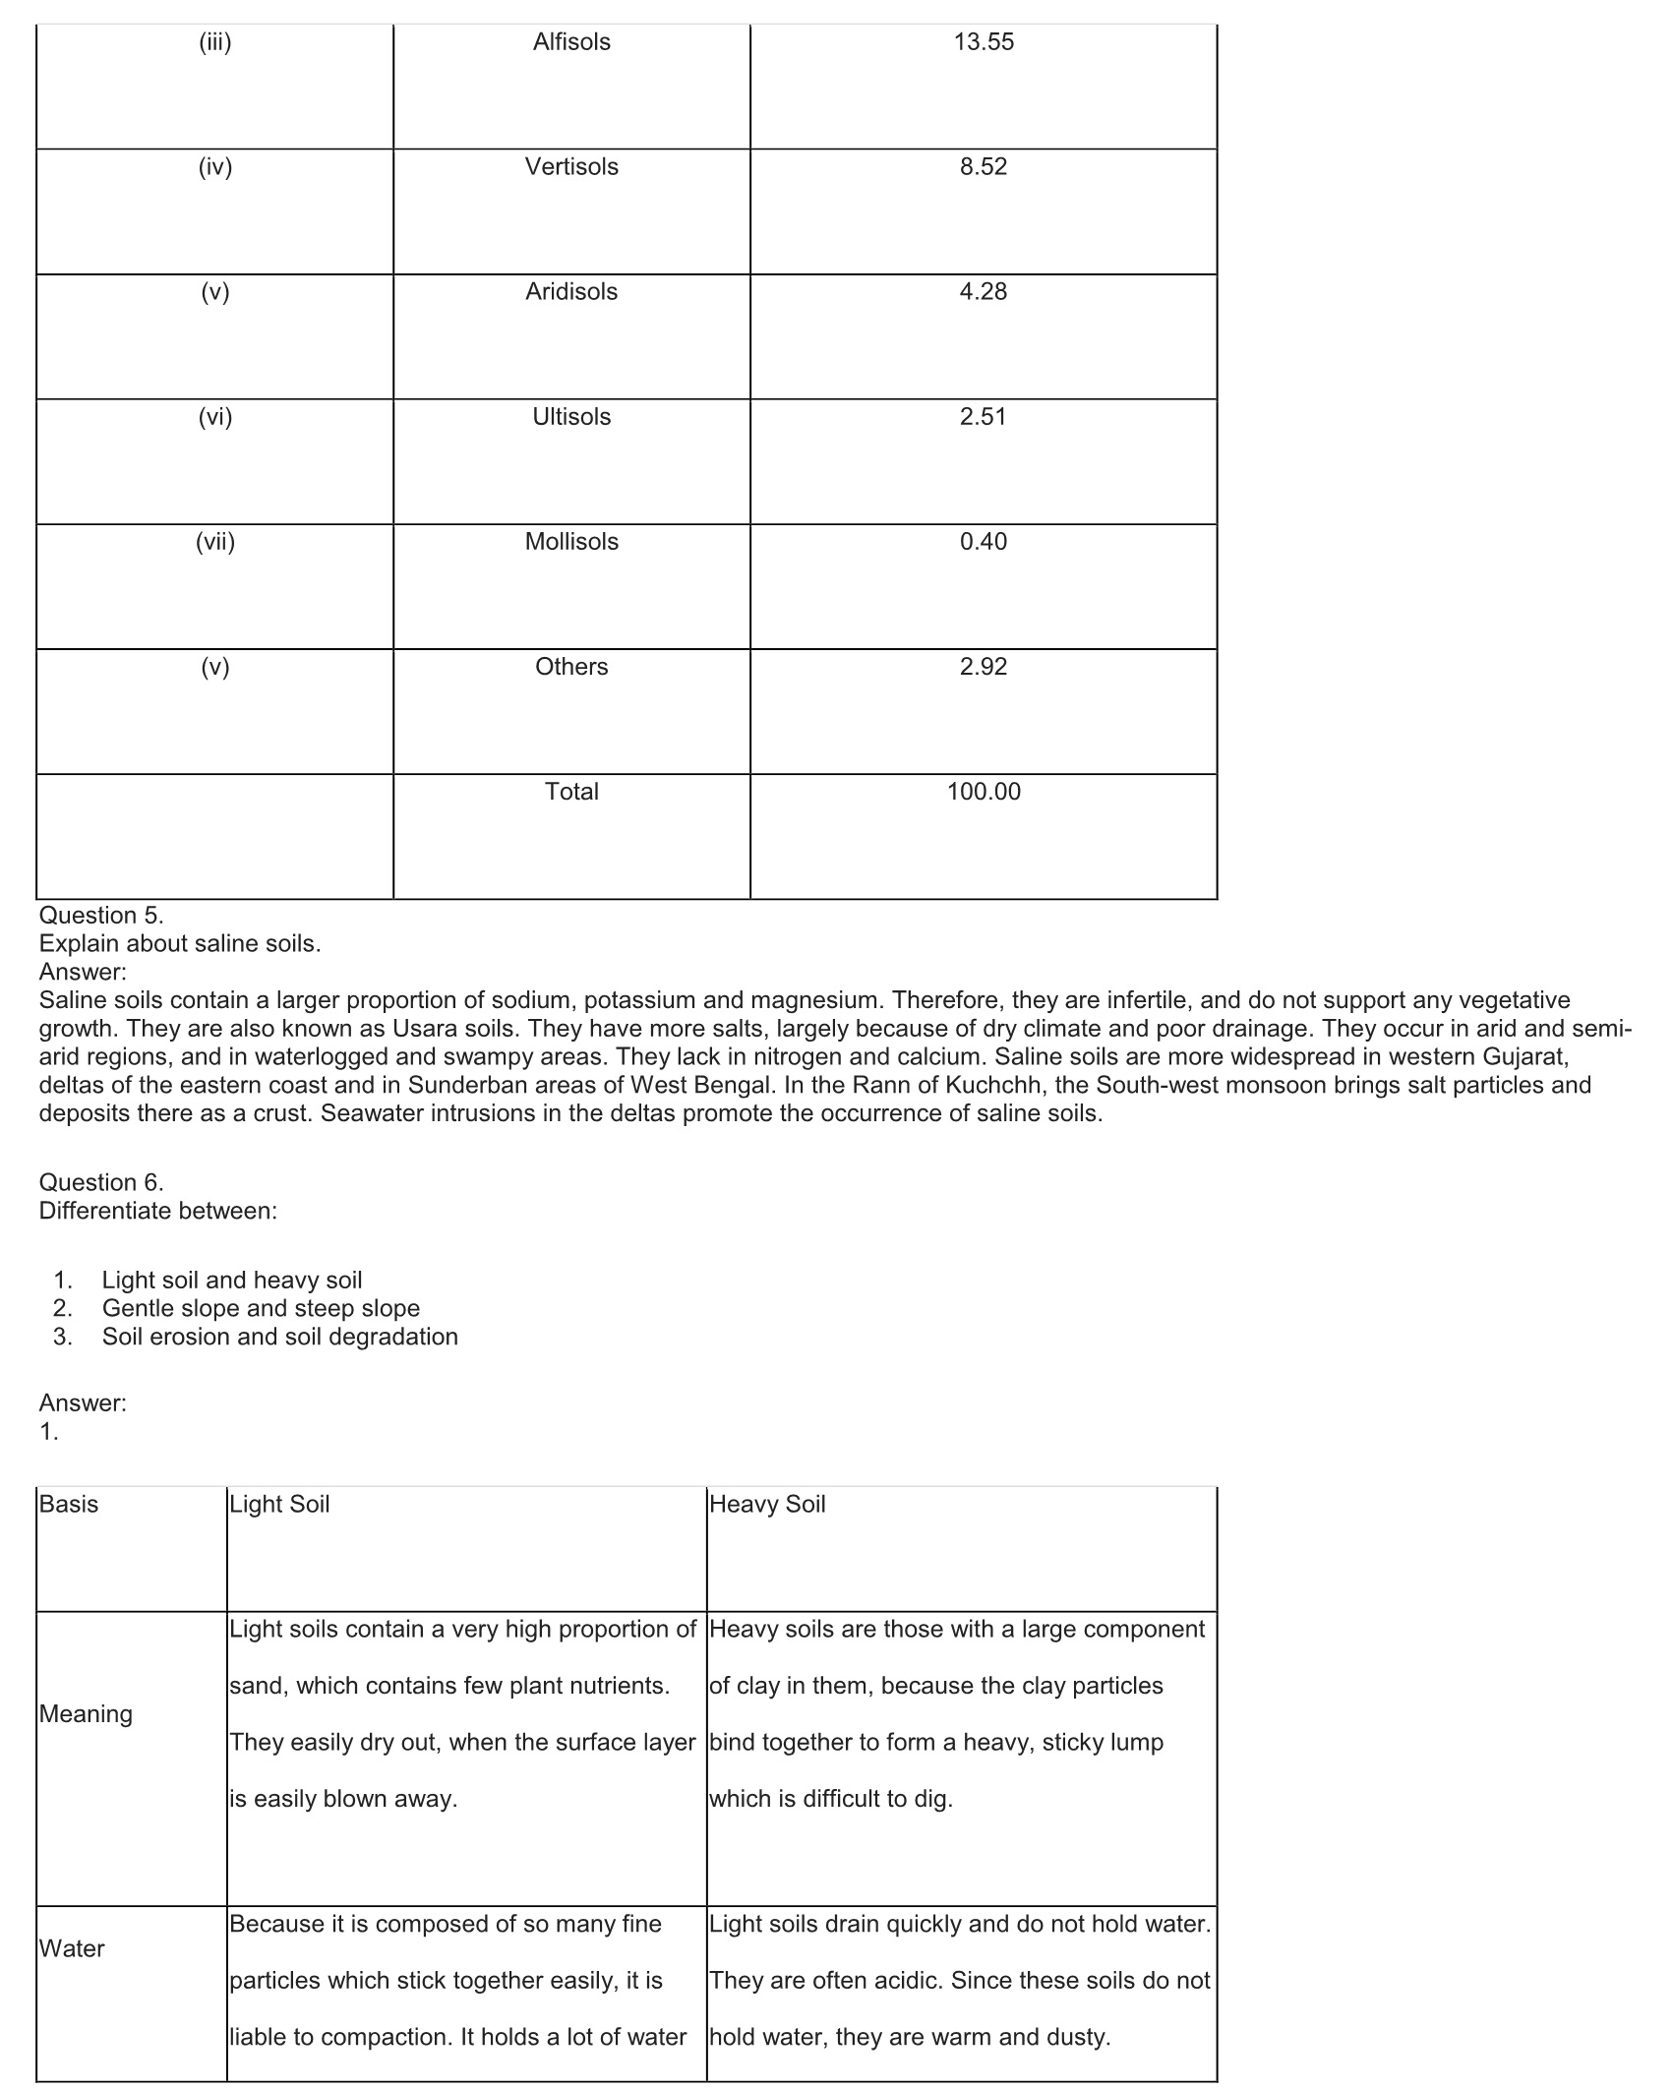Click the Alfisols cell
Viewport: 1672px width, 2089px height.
[x=571, y=42]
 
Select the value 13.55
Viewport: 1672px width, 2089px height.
[x=984, y=42]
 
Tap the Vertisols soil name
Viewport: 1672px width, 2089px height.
[x=571, y=167]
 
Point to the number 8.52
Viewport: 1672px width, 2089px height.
[x=984, y=167]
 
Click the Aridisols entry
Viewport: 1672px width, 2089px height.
[x=571, y=292]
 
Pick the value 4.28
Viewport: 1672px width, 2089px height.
[x=984, y=292]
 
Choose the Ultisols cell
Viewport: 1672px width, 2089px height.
[x=571, y=417]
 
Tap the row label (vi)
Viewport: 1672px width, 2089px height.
[x=215, y=417]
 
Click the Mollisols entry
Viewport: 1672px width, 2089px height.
[x=571, y=542]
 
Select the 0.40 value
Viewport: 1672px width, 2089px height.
[x=984, y=542]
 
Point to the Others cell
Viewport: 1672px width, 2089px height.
[x=571, y=667]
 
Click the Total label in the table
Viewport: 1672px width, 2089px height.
[x=571, y=792]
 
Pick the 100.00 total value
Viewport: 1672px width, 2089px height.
[x=984, y=792]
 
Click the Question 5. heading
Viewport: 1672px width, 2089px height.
[x=101, y=916]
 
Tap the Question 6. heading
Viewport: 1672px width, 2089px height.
[x=101, y=1182]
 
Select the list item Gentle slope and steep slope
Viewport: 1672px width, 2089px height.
[x=261, y=1308]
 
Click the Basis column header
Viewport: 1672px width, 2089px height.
[x=69, y=1504]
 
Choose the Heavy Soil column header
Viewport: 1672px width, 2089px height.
[x=767, y=1504]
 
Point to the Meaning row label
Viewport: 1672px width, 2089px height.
[x=86, y=1714]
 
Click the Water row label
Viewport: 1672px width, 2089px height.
[x=72, y=1948]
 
